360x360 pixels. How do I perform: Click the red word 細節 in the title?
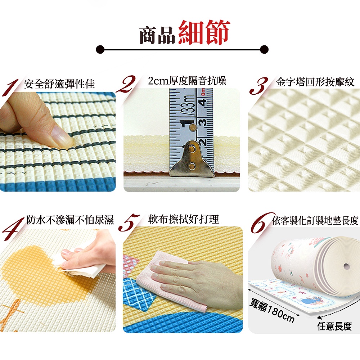click(204, 32)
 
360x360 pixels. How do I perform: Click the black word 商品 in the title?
click(158, 35)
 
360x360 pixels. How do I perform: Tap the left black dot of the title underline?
click(100, 49)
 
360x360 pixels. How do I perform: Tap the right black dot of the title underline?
click(264, 49)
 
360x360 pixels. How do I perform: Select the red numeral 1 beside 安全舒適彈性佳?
click(10, 87)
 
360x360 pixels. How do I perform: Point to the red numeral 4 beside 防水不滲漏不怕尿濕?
click(13, 229)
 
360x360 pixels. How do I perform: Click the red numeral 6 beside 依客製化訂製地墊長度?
click(262, 223)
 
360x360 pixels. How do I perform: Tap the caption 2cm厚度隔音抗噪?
click(187, 81)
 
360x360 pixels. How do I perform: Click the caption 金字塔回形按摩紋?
click(315, 82)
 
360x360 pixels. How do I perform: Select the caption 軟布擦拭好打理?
click(184, 219)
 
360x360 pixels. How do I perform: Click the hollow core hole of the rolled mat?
click(346, 266)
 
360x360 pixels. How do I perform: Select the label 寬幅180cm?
click(272, 310)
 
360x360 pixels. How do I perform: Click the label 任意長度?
click(334, 326)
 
